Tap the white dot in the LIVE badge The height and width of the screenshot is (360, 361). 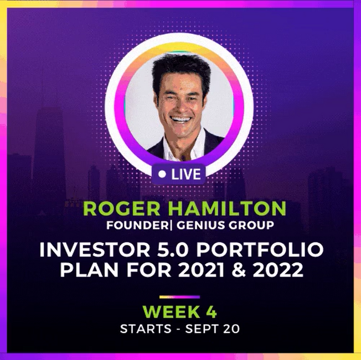point(162,174)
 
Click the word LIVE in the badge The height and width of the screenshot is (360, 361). point(186,174)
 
